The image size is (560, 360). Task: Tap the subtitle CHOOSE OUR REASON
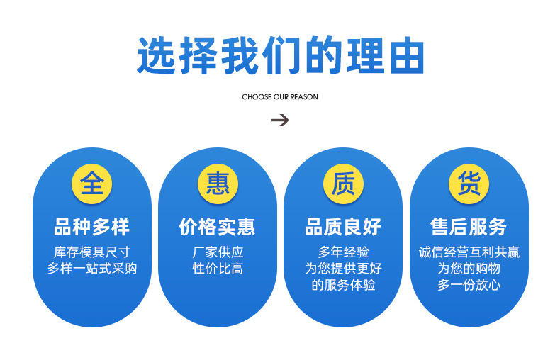point(280,96)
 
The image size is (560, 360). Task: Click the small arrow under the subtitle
point(280,120)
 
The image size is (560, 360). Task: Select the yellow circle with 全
point(92,184)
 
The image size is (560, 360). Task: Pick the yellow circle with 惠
point(218,184)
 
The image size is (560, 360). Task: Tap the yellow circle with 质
point(343,184)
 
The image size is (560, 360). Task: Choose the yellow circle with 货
point(469,184)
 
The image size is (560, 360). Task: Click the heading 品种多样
point(92,227)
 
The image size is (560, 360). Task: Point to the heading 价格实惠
point(218,227)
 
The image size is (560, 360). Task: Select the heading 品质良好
point(343,227)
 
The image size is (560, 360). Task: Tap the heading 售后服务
point(469,227)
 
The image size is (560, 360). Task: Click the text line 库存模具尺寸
point(92,252)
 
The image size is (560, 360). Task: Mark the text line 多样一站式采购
point(92,269)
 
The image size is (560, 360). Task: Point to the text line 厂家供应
point(218,252)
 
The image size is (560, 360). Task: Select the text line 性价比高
point(218,269)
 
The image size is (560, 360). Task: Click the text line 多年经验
point(343,252)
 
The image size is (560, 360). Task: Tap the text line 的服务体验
point(343,285)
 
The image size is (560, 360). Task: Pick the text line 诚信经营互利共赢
point(469,252)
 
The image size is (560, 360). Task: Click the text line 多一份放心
point(469,285)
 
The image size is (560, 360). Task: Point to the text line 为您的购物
point(469,269)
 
